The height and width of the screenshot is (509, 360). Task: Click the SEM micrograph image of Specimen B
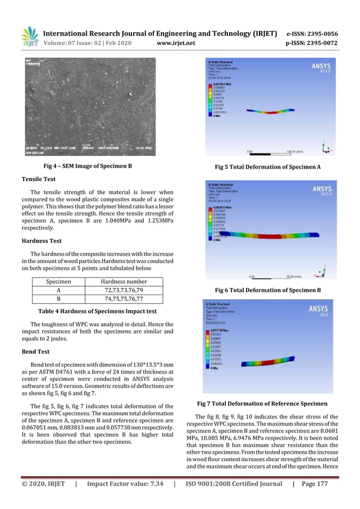90,106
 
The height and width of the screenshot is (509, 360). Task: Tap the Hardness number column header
124,282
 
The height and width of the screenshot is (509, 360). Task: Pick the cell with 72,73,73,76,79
124,291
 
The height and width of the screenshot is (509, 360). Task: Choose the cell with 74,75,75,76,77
124,300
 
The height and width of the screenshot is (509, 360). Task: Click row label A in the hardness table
58,291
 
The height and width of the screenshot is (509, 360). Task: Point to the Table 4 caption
97,311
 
